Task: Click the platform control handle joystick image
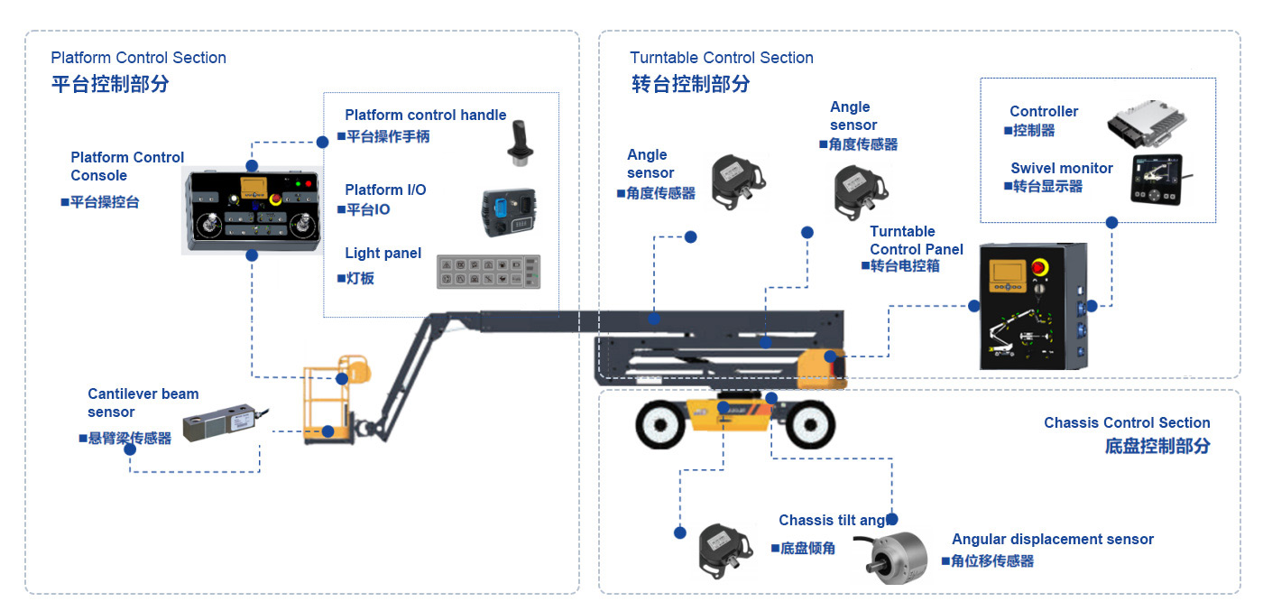(x=520, y=143)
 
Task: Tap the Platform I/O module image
(x=509, y=213)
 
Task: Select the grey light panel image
(x=488, y=272)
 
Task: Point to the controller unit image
(x=1147, y=124)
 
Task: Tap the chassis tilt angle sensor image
(x=725, y=551)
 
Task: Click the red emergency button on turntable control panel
(x=1039, y=267)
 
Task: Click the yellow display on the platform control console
(x=254, y=186)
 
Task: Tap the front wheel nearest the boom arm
(x=659, y=425)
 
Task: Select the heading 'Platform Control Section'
(x=138, y=58)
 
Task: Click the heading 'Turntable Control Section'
(x=721, y=58)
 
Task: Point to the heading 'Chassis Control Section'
(x=1127, y=422)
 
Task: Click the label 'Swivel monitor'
(x=1062, y=168)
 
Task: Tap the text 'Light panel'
(x=383, y=254)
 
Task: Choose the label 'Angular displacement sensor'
(x=1053, y=540)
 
